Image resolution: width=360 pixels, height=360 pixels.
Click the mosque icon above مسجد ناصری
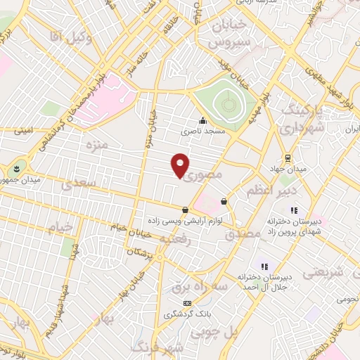coord(202,121)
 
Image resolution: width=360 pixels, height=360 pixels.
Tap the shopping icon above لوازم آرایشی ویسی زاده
coord(185,210)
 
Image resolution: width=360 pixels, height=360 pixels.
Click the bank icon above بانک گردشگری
coord(186,303)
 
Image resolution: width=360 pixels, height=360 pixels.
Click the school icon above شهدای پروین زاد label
coord(294,210)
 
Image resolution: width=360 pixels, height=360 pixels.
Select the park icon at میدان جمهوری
coord(15,169)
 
